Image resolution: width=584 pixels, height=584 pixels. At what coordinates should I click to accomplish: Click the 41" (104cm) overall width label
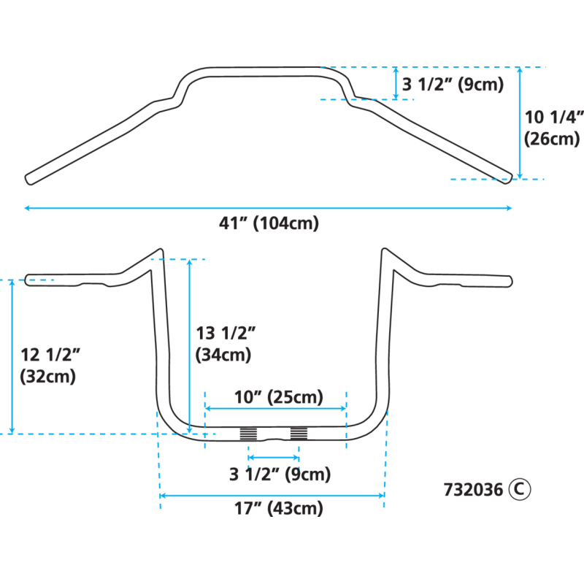click(269, 224)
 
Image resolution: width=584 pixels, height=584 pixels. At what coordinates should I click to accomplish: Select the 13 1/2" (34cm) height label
click(224, 344)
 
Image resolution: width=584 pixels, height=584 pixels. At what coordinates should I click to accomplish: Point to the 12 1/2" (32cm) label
click(48, 366)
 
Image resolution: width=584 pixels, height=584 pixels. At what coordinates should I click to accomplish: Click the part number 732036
click(472, 490)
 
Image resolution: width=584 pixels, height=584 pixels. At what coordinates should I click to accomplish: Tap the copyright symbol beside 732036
click(520, 489)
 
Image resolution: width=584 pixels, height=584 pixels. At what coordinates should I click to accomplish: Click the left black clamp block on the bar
click(248, 434)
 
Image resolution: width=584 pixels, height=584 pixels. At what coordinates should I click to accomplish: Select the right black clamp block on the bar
click(299, 434)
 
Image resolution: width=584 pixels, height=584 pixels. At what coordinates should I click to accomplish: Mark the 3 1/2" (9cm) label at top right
click(453, 85)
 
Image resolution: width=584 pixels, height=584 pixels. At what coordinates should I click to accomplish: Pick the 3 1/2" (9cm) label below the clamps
click(280, 474)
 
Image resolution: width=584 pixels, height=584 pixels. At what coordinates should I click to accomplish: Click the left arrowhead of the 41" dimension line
click(27, 208)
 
